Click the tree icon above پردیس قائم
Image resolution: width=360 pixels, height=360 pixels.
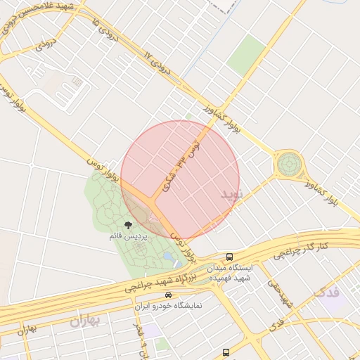pyautogui.click(x=128, y=226)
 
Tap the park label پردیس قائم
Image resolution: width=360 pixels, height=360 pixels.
pyautogui.click(x=125, y=237)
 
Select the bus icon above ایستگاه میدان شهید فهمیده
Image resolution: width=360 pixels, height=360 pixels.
pyautogui.click(x=230, y=257)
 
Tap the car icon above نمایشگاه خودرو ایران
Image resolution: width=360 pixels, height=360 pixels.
pyautogui.click(x=168, y=296)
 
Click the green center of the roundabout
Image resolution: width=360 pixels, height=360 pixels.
pyautogui.click(x=288, y=165)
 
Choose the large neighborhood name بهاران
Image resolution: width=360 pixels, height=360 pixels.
pyautogui.click(x=86, y=321)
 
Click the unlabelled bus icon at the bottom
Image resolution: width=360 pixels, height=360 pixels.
pyautogui.click(x=226, y=352)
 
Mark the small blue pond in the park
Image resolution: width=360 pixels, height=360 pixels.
pyautogui.click(x=168, y=259)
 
